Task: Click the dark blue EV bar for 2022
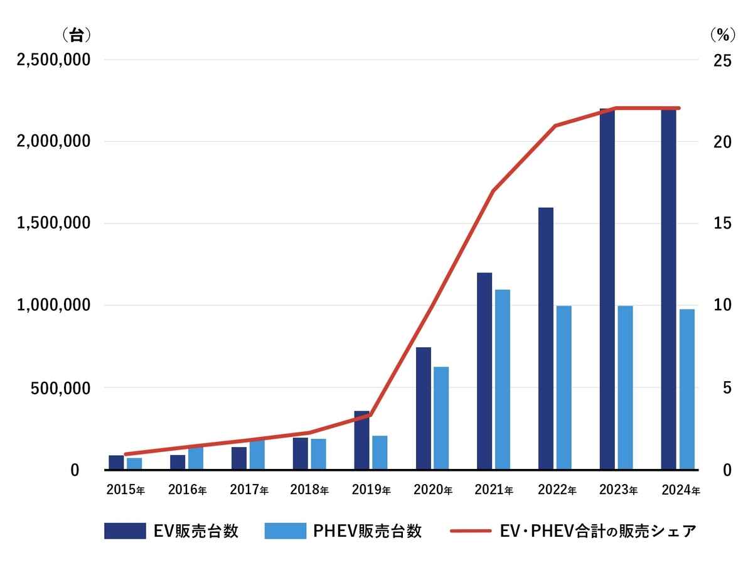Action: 546,338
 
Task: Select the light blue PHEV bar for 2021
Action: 502,379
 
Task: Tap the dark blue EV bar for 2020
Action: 423,408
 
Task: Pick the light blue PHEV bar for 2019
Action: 380,452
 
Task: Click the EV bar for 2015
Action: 116,462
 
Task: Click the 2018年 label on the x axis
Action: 309,490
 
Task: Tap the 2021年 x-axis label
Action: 494,490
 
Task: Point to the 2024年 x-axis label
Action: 681,490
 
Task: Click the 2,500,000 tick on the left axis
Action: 54,60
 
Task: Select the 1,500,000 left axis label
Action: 54,223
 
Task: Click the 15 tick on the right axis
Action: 723,223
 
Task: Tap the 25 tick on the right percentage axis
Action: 723,60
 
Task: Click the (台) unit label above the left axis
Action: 76,35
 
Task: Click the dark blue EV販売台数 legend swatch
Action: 125,531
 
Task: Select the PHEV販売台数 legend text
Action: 367,531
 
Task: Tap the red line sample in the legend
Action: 470,531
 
